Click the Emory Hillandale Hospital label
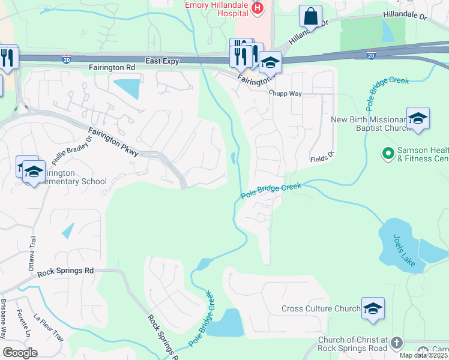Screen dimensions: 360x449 coord(216,5)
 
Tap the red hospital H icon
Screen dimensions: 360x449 coord(258,8)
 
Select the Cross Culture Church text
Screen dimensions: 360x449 coord(321,309)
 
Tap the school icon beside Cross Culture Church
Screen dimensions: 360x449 coord(373,308)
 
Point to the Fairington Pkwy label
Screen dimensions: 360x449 coord(113,142)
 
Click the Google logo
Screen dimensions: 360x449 coord(20,353)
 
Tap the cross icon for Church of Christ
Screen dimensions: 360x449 coord(396,343)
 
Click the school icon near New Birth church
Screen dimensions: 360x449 coord(418,118)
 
